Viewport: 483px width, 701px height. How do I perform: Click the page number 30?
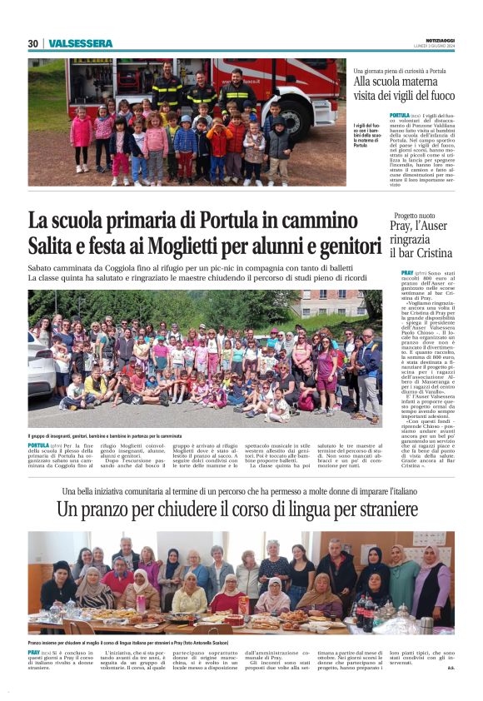[33, 43]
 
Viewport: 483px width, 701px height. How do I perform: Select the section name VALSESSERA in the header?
[80, 43]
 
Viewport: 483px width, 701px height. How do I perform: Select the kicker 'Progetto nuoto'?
[414, 215]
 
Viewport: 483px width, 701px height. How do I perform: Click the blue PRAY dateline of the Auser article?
[407, 273]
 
